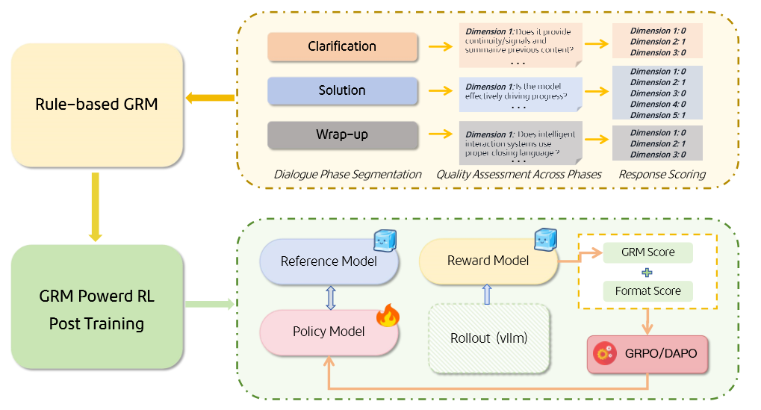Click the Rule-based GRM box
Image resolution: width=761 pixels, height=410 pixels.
(x=96, y=105)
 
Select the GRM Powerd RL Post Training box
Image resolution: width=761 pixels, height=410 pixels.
(x=96, y=307)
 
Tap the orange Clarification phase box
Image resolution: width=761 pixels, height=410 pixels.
(x=342, y=47)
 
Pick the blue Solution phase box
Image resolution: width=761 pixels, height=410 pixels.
(x=342, y=91)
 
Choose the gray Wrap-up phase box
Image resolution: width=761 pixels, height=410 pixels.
(x=342, y=135)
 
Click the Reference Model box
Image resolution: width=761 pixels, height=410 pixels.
(x=329, y=261)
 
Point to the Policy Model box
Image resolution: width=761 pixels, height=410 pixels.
(x=329, y=331)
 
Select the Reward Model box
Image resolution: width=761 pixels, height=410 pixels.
(x=488, y=261)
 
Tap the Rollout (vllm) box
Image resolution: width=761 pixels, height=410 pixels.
(x=489, y=338)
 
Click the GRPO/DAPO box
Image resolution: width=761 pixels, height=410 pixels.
(x=647, y=352)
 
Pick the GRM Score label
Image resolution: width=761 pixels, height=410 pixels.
(x=647, y=252)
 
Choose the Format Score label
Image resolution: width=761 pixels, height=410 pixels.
(x=647, y=291)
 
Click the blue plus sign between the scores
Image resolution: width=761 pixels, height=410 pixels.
(x=647, y=272)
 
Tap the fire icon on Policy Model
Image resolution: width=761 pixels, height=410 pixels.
(x=388, y=316)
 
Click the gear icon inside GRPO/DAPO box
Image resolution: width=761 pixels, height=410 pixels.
(x=603, y=353)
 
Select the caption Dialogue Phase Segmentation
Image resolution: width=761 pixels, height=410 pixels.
(x=347, y=174)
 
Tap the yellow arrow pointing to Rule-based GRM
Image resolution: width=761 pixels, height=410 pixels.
(x=210, y=98)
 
